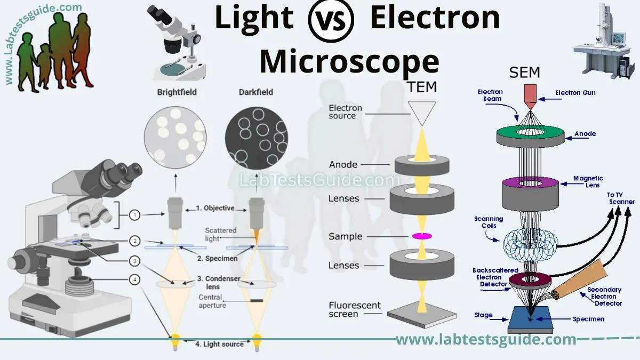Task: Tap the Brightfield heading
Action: [177, 92]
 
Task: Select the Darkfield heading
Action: [256, 92]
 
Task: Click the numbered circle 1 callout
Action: [135, 215]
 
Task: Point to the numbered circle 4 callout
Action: [135, 279]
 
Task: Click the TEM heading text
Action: [422, 87]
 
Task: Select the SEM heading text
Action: [525, 72]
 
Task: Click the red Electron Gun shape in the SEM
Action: [530, 93]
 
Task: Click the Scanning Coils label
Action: [489, 222]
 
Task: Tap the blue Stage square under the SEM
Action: [531, 320]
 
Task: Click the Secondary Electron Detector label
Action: [604, 297]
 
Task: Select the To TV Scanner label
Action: [621, 198]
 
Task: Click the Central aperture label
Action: [212, 301]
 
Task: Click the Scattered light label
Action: [220, 235]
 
